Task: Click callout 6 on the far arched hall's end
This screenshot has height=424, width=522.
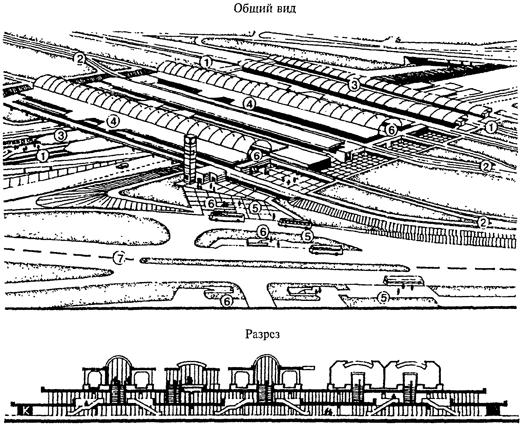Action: click(391, 131)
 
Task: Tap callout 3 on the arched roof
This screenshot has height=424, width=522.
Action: click(354, 85)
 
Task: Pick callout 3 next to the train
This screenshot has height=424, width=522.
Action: click(60, 135)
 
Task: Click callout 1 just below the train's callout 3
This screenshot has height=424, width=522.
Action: click(42, 156)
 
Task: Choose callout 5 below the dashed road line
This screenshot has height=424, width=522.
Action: click(384, 298)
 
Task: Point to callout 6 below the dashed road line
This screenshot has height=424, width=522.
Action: click(227, 301)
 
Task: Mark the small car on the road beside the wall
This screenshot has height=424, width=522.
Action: click(122, 165)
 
